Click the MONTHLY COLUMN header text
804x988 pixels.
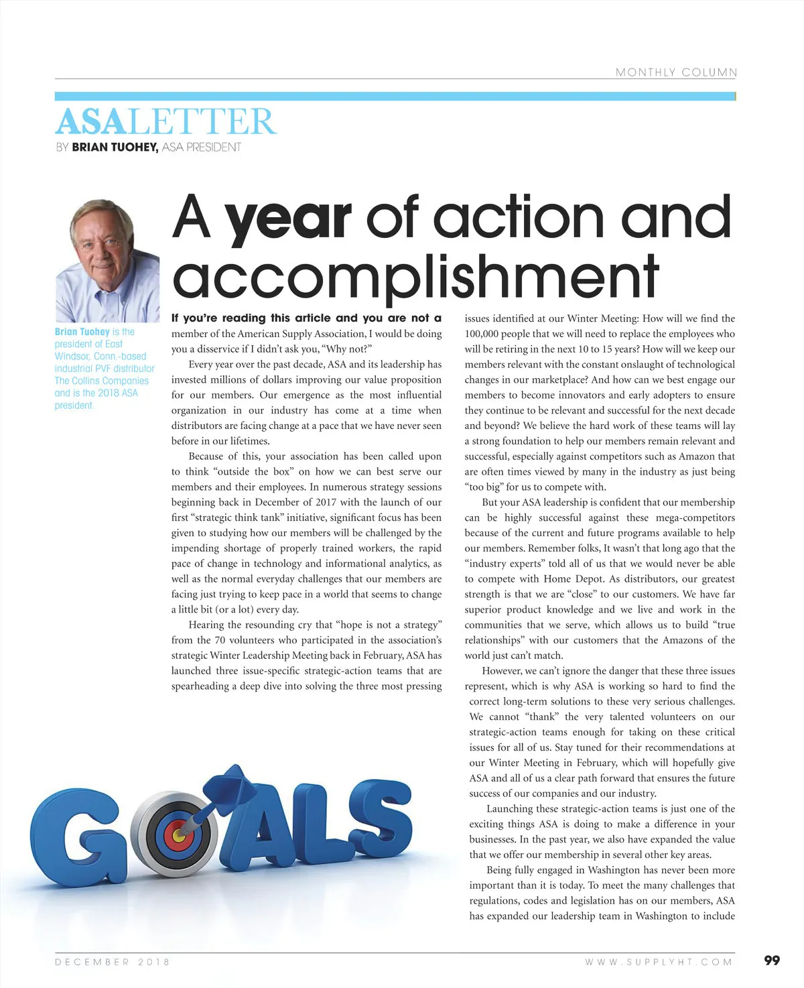click(x=675, y=72)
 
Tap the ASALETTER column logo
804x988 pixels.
click(x=165, y=122)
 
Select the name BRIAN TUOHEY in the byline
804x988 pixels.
click(x=115, y=147)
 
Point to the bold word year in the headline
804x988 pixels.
click(x=288, y=217)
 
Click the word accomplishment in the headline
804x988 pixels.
click(x=415, y=277)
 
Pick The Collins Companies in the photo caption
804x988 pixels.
click(x=102, y=381)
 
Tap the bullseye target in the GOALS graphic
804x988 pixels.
click(x=177, y=834)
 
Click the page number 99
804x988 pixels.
click(x=772, y=961)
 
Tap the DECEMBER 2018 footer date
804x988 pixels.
click(x=112, y=962)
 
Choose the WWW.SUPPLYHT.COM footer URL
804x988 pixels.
click(x=659, y=962)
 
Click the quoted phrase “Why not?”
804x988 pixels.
click(x=348, y=349)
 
